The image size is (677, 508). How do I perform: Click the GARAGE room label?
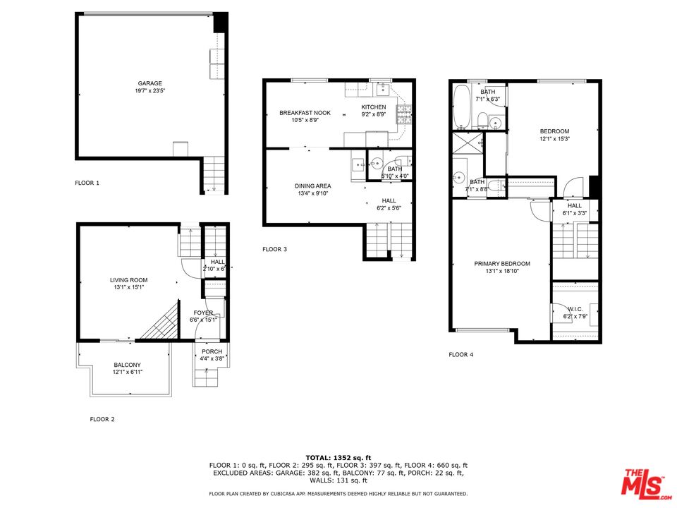pos(150,83)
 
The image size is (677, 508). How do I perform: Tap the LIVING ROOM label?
pos(128,280)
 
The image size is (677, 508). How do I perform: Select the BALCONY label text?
pos(128,365)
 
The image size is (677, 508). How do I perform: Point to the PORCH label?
pos(212,351)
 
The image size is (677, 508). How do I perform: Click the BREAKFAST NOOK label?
pos(305,113)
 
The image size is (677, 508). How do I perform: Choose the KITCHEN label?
pos(374,107)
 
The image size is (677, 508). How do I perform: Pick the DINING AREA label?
pos(313,186)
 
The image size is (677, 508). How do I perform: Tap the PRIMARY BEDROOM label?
pos(502,264)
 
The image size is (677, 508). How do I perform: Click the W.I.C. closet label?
pos(575,309)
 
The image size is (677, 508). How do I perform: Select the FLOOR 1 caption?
pos(87,183)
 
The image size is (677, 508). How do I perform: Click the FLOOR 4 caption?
pos(461,354)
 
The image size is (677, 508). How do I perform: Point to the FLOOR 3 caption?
pos(274,249)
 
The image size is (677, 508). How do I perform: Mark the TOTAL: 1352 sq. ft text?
pos(338,457)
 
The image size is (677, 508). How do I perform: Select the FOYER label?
pos(203,313)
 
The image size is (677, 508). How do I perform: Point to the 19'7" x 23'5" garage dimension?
pos(150,91)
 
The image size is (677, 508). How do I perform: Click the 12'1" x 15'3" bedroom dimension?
pos(554,139)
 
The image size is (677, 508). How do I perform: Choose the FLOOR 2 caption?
pos(102,419)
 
